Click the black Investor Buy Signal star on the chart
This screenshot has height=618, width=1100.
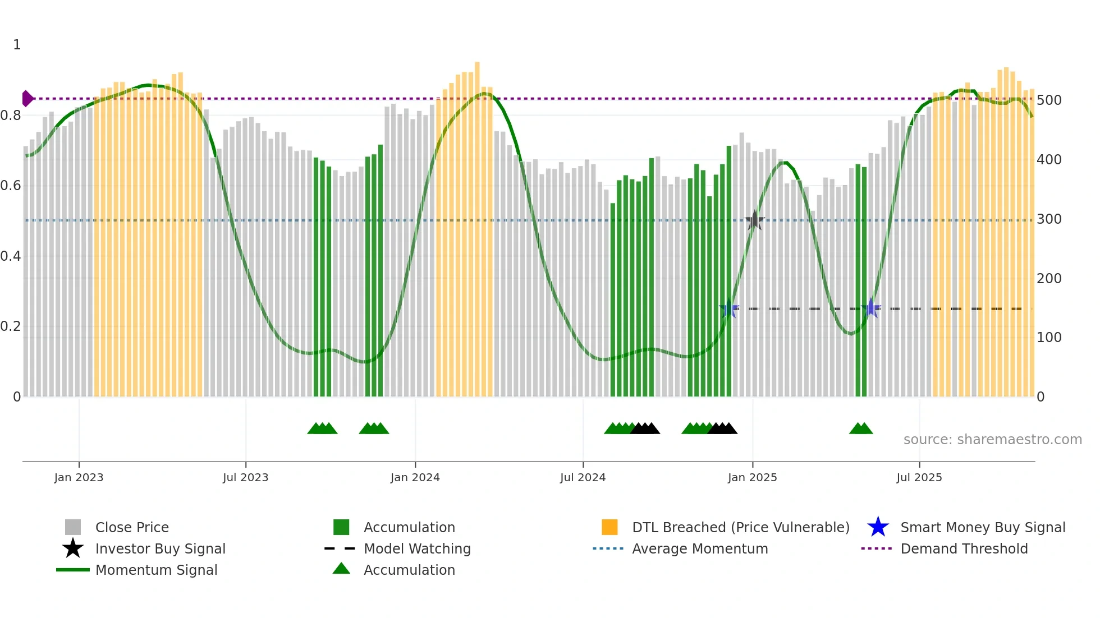click(755, 220)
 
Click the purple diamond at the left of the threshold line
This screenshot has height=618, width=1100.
click(27, 99)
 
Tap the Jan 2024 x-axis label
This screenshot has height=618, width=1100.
click(415, 477)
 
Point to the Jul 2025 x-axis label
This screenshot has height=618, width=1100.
click(919, 477)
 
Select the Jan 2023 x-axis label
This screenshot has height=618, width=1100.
click(79, 477)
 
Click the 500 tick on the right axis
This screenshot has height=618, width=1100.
click(1049, 100)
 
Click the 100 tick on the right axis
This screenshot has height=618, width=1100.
click(1049, 338)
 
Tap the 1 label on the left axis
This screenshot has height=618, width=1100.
click(17, 45)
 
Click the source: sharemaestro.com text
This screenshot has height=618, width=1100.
click(992, 440)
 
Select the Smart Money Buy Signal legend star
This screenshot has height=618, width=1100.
click(878, 527)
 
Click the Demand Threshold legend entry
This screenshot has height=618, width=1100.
click(964, 548)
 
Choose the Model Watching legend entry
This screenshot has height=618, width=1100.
click(416, 548)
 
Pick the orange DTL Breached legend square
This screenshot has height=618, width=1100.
click(609, 527)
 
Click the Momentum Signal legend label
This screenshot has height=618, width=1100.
click(156, 570)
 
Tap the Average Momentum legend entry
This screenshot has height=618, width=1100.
click(699, 548)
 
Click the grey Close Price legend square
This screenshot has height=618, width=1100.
click(73, 527)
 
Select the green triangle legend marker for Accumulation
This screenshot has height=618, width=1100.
click(341, 569)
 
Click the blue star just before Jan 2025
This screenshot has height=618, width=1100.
click(729, 308)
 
